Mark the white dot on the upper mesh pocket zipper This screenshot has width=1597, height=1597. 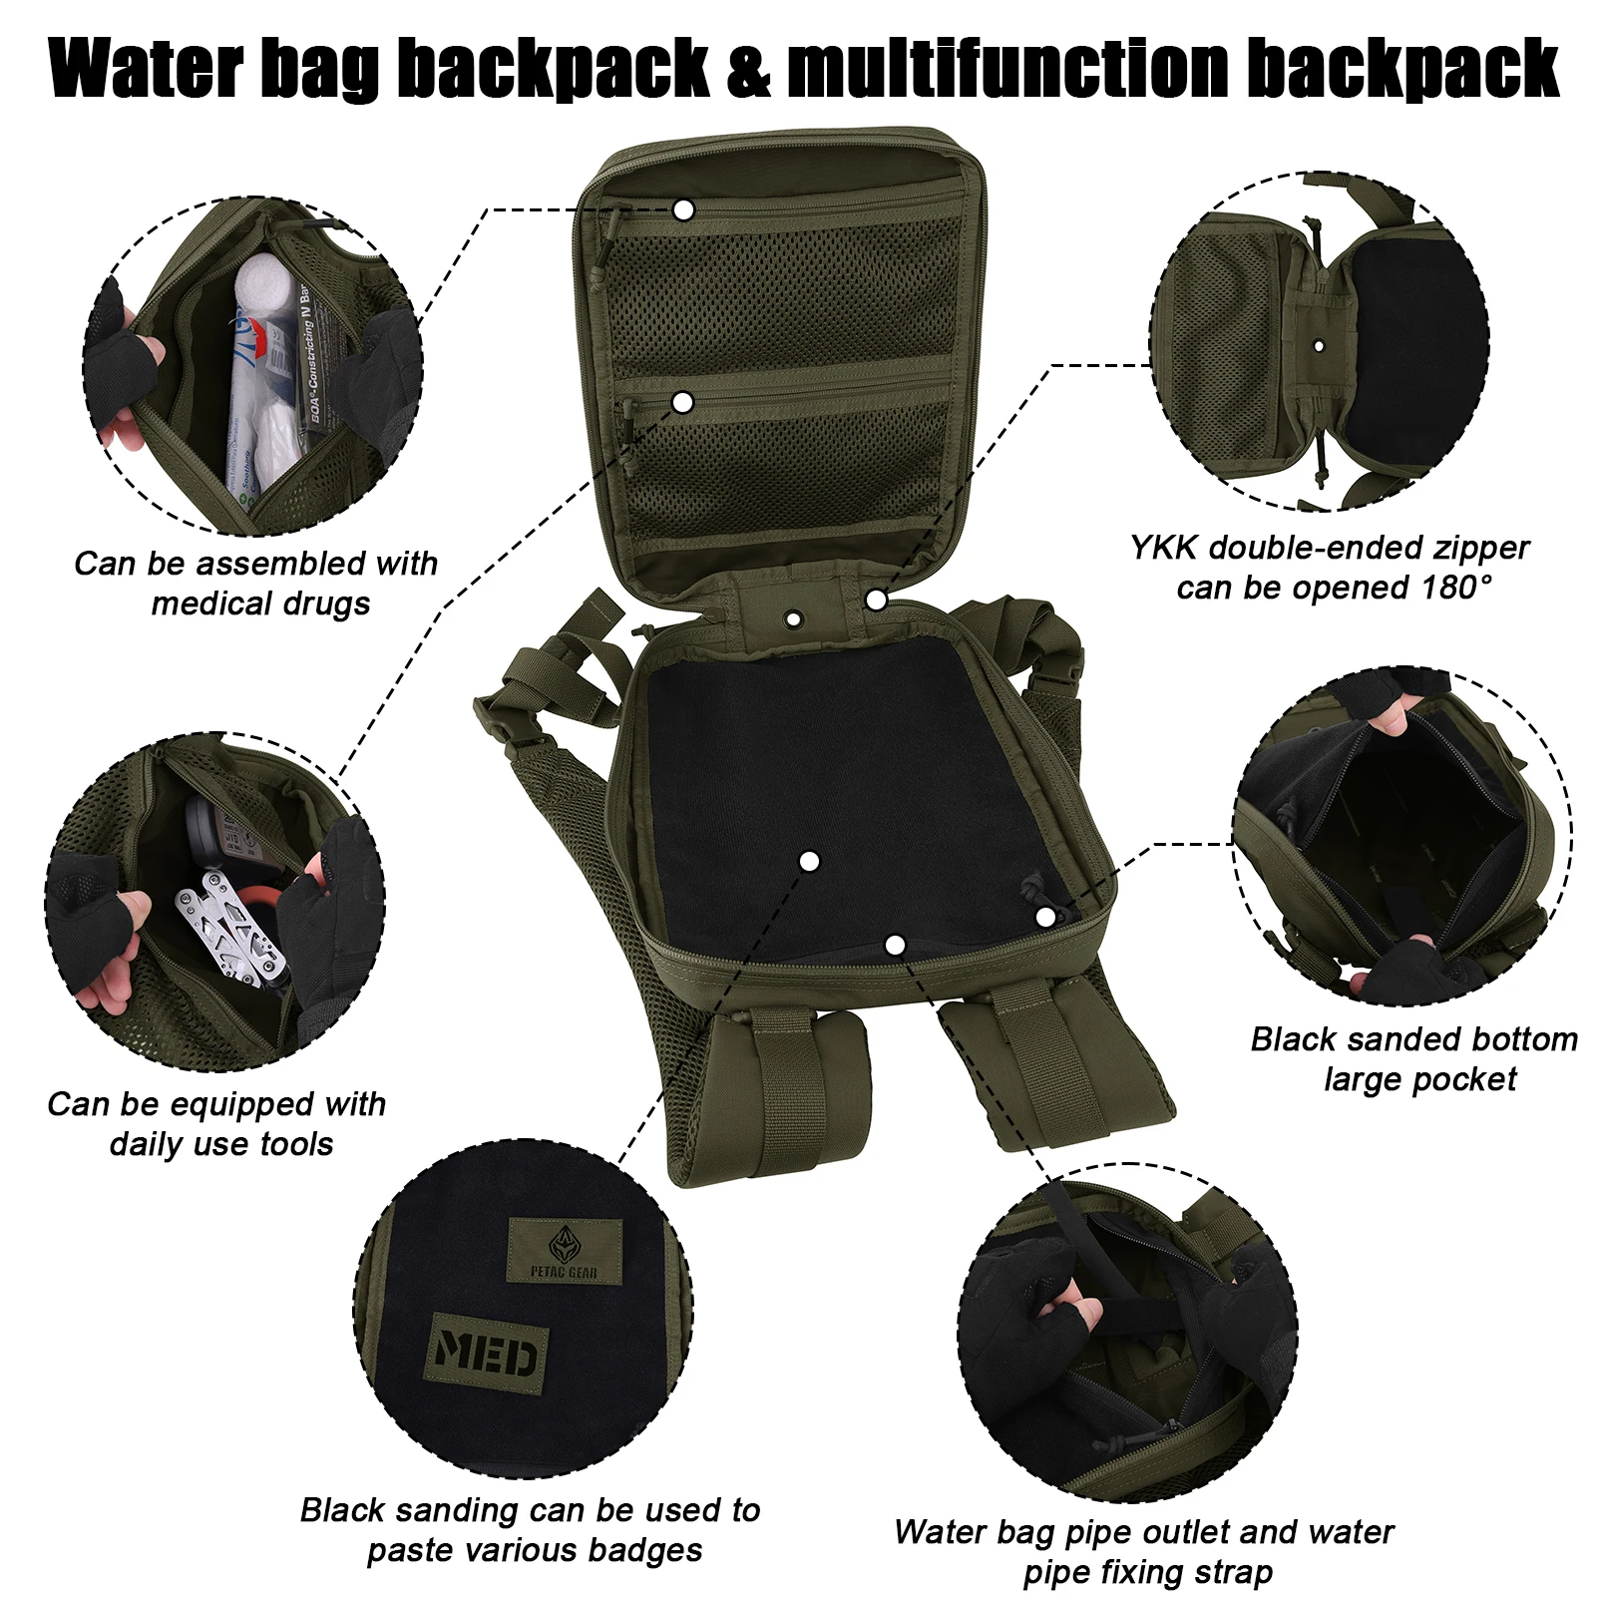[x=683, y=210]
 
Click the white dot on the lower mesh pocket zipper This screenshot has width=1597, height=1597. [x=683, y=402]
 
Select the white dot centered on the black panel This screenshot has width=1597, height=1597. [x=810, y=860]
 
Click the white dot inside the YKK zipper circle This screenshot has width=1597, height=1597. [x=1319, y=346]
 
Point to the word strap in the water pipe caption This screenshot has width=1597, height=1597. [x=1232, y=1572]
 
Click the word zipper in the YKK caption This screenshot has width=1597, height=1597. [x=1473, y=548]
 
